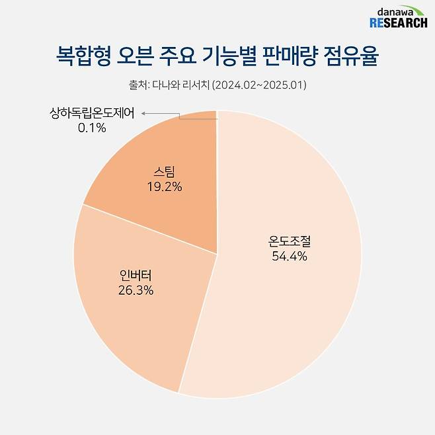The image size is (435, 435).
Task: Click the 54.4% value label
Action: pos(290,257)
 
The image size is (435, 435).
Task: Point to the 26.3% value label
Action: pos(136,290)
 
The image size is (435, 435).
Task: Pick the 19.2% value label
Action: pos(164,186)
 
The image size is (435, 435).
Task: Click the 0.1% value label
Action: pos(92,128)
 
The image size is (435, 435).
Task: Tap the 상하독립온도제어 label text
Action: pos(92,114)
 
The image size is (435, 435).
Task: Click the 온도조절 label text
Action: pos(290,242)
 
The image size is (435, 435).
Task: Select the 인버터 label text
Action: pos(136,275)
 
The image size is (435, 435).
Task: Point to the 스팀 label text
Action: pos(164,172)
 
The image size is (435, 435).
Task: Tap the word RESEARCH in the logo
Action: pos(394,24)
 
